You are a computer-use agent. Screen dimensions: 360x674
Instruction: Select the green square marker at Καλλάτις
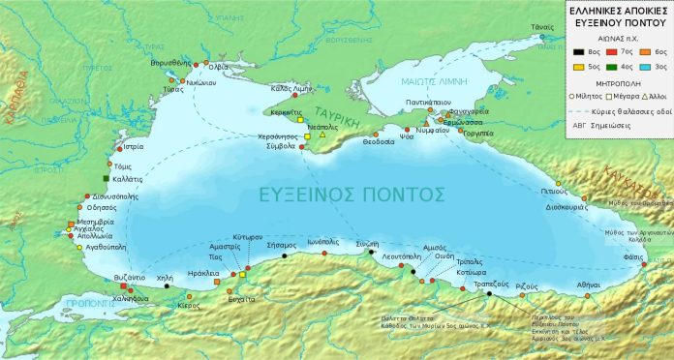(x=107, y=180)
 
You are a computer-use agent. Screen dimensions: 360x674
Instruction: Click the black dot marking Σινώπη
(x=371, y=252)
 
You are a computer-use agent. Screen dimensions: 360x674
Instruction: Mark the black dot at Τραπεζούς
(x=489, y=293)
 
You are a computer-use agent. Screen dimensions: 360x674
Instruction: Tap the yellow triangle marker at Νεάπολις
(x=322, y=135)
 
